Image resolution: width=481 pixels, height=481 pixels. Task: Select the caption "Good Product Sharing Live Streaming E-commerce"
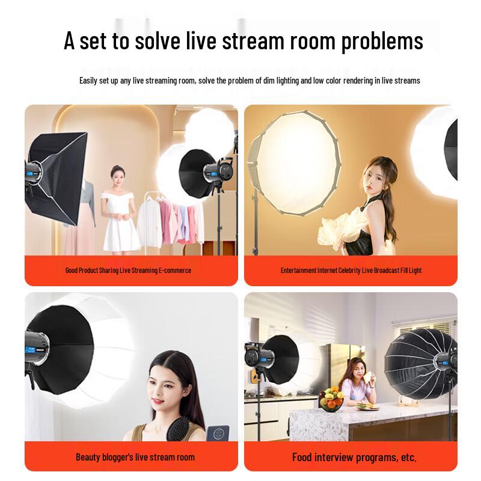128,271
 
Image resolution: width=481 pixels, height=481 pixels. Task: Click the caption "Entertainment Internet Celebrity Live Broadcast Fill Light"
351,271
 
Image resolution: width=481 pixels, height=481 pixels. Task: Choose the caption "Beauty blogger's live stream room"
135,457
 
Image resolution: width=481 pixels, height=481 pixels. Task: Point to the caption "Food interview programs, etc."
354,457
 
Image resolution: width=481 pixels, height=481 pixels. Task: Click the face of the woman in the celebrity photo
372,174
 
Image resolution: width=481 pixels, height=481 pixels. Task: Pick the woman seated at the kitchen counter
357,385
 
